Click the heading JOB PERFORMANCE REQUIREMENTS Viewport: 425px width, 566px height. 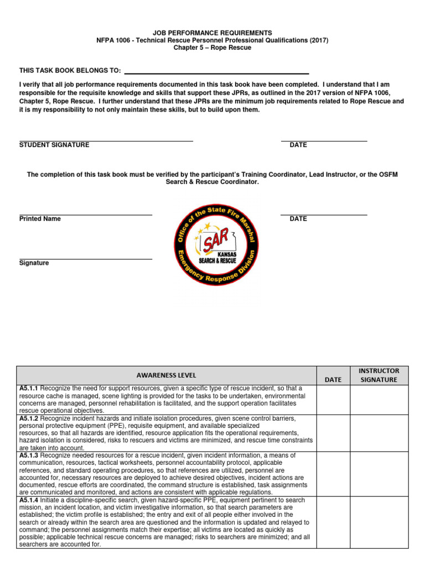coord(212,33)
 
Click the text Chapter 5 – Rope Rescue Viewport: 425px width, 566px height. coord(212,48)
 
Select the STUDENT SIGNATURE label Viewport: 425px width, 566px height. coord(54,145)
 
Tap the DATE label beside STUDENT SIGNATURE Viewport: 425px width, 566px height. coord(298,145)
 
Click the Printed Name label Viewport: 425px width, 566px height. coord(40,219)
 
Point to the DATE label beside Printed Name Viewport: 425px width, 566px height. coord(298,219)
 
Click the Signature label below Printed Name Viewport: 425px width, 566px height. coord(34,263)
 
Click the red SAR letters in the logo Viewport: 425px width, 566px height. coord(213,242)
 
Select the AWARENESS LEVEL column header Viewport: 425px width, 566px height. coord(167,375)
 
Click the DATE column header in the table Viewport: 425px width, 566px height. coord(333,380)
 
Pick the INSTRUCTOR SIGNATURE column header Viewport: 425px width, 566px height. coord(379,375)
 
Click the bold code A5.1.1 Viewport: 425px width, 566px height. coord(29,389)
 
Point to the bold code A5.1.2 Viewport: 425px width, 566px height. coord(29,418)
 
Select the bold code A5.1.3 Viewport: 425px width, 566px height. coord(29,455)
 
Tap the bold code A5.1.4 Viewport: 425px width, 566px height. coord(29,500)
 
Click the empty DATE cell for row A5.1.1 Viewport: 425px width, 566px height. coord(333,400)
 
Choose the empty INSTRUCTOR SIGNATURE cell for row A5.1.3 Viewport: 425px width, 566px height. coord(379,474)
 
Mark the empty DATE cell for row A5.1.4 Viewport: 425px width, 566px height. coord(333,522)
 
